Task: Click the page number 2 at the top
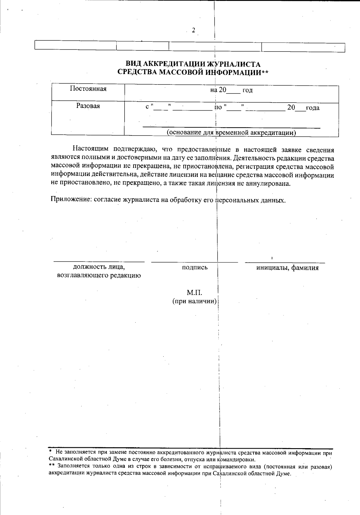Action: click(193, 30)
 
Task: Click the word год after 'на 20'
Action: click(247, 91)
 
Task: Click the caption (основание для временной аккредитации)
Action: click(231, 132)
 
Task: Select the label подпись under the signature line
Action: click(195, 268)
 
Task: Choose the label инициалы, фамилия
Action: click(287, 268)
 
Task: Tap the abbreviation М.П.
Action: click(195, 293)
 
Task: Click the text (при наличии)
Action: click(194, 301)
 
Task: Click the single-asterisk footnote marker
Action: click(51, 452)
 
